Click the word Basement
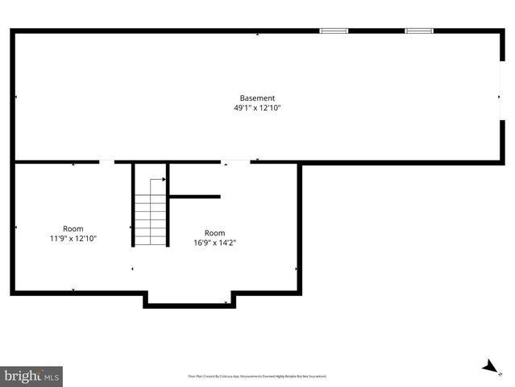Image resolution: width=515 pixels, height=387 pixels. (x=257, y=98)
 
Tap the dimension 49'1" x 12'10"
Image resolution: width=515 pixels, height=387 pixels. (x=257, y=108)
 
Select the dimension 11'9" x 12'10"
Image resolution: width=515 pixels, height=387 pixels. (x=73, y=238)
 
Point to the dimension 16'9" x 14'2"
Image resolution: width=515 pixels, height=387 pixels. (x=214, y=242)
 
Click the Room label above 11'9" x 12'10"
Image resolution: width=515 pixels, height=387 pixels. (x=73, y=228)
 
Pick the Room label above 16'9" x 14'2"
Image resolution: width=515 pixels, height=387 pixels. (x=214, y=233)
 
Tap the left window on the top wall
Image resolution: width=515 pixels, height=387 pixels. (x=334, y=31)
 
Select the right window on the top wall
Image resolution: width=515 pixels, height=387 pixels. (x=419, y=31)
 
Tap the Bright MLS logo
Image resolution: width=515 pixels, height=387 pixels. (x=32, y=376)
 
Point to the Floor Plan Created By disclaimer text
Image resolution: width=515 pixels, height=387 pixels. (x=257, y=376)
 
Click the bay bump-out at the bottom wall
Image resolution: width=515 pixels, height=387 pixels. (x=189, y=300)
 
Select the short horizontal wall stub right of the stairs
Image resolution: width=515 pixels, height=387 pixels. (x=194, y=196)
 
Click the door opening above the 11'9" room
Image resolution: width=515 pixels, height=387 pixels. (x=106, y=162)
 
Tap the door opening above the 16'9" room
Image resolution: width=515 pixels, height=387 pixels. (x=235, y=162)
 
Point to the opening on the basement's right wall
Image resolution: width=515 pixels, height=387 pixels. (x=502, y=97)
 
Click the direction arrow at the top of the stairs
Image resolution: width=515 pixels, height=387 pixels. (x=152, y=180)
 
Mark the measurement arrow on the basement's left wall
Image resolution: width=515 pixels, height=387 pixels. (x=16, y=98)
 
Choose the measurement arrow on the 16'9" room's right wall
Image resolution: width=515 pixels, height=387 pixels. (x=296, y=268)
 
